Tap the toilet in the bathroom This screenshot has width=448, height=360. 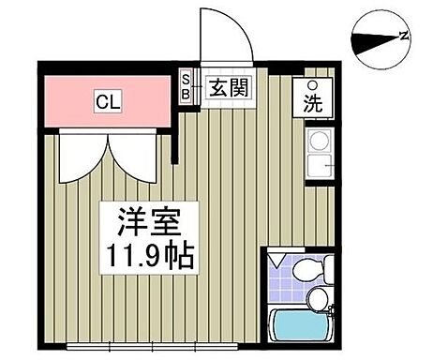[x=307, y=272]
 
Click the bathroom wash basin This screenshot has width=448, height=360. [x=320, y=299]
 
